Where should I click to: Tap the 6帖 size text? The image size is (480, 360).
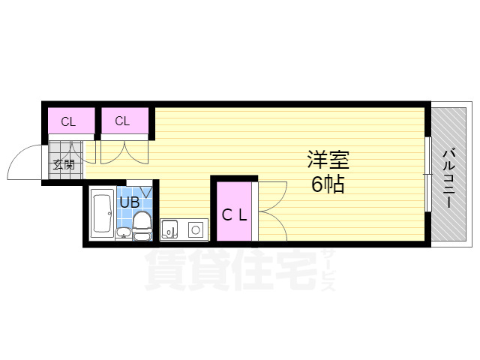[x=328, y=184]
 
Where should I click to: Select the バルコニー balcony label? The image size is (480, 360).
[x=448, y=178]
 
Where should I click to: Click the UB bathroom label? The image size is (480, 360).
[x=128, y=201]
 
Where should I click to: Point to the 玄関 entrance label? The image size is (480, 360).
[x=63, y=165]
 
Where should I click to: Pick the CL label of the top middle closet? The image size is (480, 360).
[x=122, y=121]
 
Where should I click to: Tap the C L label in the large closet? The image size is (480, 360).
[x=234, y=214]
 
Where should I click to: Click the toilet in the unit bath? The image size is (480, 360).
[x=142, y=223]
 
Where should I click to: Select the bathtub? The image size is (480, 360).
[x=101, y=214]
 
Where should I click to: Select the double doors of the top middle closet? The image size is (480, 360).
[x=124, y=151]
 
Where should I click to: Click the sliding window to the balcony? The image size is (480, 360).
[x=427, y=174]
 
